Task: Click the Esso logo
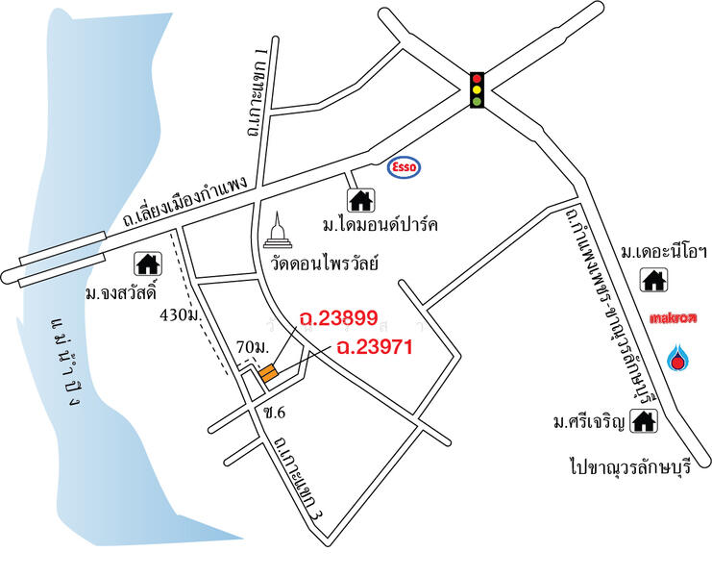(x=407, y=167)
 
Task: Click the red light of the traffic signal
(x=476, y=78)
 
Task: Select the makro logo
(x=673, y=315)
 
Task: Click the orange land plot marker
(x=268, y=372)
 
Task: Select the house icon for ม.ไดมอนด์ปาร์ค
(x=360, y=200)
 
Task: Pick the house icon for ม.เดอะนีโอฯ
(x=655, y=280)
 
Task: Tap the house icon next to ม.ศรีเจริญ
(x=645, y=420)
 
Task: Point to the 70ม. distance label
(x=252, y=346)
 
